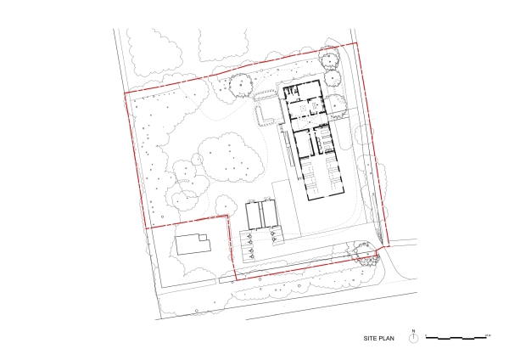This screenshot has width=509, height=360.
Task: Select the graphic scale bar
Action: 457,337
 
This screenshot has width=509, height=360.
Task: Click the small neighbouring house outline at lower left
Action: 193,245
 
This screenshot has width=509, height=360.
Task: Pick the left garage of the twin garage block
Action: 253,214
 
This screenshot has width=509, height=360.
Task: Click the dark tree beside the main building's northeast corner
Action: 337,104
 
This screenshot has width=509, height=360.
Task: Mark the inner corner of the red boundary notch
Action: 228,217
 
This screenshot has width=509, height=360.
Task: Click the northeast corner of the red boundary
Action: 355,43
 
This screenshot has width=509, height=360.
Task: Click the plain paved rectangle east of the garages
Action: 283,204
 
